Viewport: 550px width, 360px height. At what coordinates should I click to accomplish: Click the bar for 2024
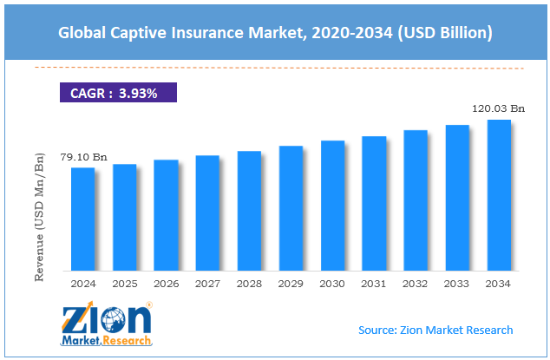tap(82, 219)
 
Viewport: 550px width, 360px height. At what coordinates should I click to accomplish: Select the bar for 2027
tap(207, 213)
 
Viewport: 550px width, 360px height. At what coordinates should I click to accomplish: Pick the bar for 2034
tap(499, 195)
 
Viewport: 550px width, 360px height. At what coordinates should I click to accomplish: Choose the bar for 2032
tap(416, 200)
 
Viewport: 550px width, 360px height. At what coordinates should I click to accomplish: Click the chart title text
tap(275, 34)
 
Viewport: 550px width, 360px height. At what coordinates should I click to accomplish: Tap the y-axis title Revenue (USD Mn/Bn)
tap(38, 216)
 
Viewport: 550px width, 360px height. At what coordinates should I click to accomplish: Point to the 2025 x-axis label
tap(124, 284)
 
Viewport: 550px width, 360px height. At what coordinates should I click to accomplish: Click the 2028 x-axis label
tap(249, 284)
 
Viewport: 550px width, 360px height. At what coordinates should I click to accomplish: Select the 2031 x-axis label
tap(374, 284)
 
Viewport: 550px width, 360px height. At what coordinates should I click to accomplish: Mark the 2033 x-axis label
tap(457, 284)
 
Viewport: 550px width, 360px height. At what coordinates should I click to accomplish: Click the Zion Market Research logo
tap(107, 325)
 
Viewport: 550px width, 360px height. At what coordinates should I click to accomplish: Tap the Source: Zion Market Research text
tap(435, 330)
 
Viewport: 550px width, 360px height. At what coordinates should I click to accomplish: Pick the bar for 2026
tap(166, 215)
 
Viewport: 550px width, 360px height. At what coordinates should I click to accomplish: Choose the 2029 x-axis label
tap(291, 284)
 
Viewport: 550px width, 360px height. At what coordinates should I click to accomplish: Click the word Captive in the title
tap(140, 34)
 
